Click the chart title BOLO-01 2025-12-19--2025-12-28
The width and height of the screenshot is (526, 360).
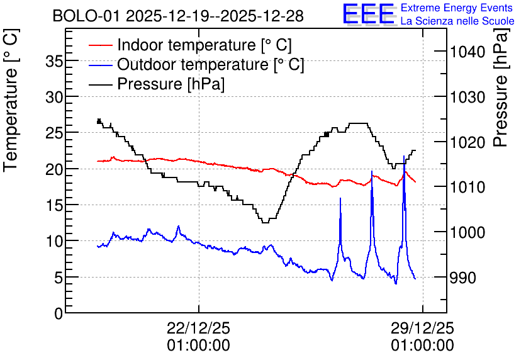[178, 16]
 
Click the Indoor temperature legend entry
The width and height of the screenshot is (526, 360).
[190, 45]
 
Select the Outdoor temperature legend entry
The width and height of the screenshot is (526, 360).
[196, 64]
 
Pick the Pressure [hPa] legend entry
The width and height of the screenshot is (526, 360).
[157, 84]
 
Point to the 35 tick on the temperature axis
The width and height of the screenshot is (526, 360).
[54, 62]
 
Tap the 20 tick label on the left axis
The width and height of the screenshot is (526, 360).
[54, 169]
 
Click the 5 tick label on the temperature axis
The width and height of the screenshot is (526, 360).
[59, 278]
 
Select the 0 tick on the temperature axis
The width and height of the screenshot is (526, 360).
[59, 313]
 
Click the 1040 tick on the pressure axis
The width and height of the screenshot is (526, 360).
[467, 52]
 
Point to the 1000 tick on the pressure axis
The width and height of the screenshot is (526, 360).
[467, 232]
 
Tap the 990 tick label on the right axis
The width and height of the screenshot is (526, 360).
[463, 278]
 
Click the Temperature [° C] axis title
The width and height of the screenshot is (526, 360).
[11, 100]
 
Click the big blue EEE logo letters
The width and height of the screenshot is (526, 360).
[369, 14]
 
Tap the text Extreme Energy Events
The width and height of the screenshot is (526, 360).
[457, 8]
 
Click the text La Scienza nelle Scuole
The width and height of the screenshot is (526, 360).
[457, 21]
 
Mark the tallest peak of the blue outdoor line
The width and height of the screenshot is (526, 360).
[404, 156]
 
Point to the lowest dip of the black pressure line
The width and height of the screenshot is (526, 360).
[265, 222]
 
